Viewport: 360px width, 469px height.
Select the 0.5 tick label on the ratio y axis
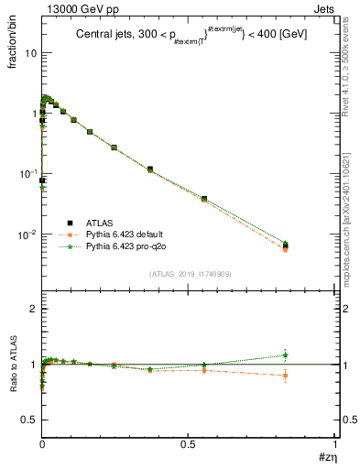[x=29, y=420]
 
